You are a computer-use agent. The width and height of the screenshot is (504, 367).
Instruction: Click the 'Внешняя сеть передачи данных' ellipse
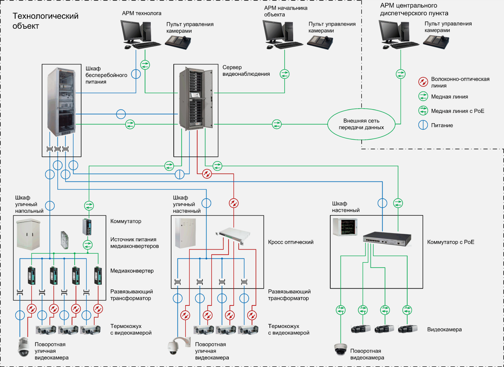361,124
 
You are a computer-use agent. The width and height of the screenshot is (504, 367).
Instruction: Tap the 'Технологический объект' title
45,21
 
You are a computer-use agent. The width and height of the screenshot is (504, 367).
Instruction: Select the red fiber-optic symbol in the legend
423,82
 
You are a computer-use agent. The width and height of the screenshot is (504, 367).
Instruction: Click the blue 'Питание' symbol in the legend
423,125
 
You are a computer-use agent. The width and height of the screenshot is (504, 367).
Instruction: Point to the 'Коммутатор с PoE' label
450,242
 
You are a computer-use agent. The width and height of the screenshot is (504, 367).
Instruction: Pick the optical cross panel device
233,234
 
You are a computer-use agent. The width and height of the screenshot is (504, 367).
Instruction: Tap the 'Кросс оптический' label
290,242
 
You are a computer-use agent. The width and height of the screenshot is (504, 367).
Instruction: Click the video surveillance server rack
196,99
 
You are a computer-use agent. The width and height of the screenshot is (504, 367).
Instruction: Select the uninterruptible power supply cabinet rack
61,101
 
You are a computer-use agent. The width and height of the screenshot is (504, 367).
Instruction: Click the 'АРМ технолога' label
142,13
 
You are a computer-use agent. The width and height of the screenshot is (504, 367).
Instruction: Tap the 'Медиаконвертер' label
132,271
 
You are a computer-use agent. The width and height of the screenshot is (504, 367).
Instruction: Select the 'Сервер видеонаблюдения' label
246,71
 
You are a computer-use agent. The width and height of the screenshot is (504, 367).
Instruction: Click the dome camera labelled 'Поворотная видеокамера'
340,349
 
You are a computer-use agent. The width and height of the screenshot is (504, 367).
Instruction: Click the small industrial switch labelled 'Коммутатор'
87,227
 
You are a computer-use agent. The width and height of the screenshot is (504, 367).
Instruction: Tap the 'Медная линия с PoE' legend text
457,111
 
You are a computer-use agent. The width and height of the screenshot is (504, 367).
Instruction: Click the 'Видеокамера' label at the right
444,329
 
